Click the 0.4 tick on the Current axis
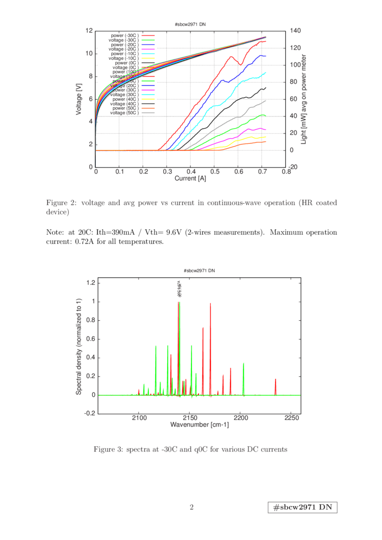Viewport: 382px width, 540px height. pos(191,172)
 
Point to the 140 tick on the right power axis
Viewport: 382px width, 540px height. pos(295,31)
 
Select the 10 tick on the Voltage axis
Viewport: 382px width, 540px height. pos(89,54)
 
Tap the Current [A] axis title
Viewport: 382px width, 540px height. pos(190,178)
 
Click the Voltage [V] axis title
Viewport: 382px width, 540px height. pos(79,99)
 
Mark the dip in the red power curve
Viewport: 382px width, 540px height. pos(242,64)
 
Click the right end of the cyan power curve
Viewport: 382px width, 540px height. pos(265,73)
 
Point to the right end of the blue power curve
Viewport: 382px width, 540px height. pos(265,55)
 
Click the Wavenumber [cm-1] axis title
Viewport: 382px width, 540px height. pos(200,425)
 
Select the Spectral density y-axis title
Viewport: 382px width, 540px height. pos(79,347)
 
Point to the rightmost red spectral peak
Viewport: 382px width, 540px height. pos(276,380)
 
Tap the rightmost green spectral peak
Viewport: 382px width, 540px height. pos(244,363)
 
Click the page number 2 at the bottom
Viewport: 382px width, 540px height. pos(192,507)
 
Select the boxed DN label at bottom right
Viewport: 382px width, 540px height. pos(302,508)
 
